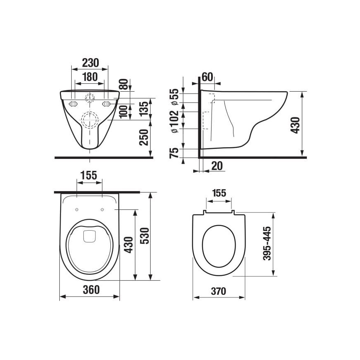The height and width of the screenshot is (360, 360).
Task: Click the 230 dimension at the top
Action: click(x=90, y=63)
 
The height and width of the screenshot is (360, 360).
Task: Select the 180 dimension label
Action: click(x=90, y=77)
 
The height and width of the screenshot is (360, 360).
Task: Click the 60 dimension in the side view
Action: click(x=207, y=77)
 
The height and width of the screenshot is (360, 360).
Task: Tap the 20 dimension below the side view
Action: click(x=216, y=166)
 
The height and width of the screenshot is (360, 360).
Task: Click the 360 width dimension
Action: click(x=90, y=290)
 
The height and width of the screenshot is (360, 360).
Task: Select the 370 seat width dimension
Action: click(x=218, y=291)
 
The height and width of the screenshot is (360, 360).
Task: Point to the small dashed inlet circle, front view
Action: click(x=90, y=98)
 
